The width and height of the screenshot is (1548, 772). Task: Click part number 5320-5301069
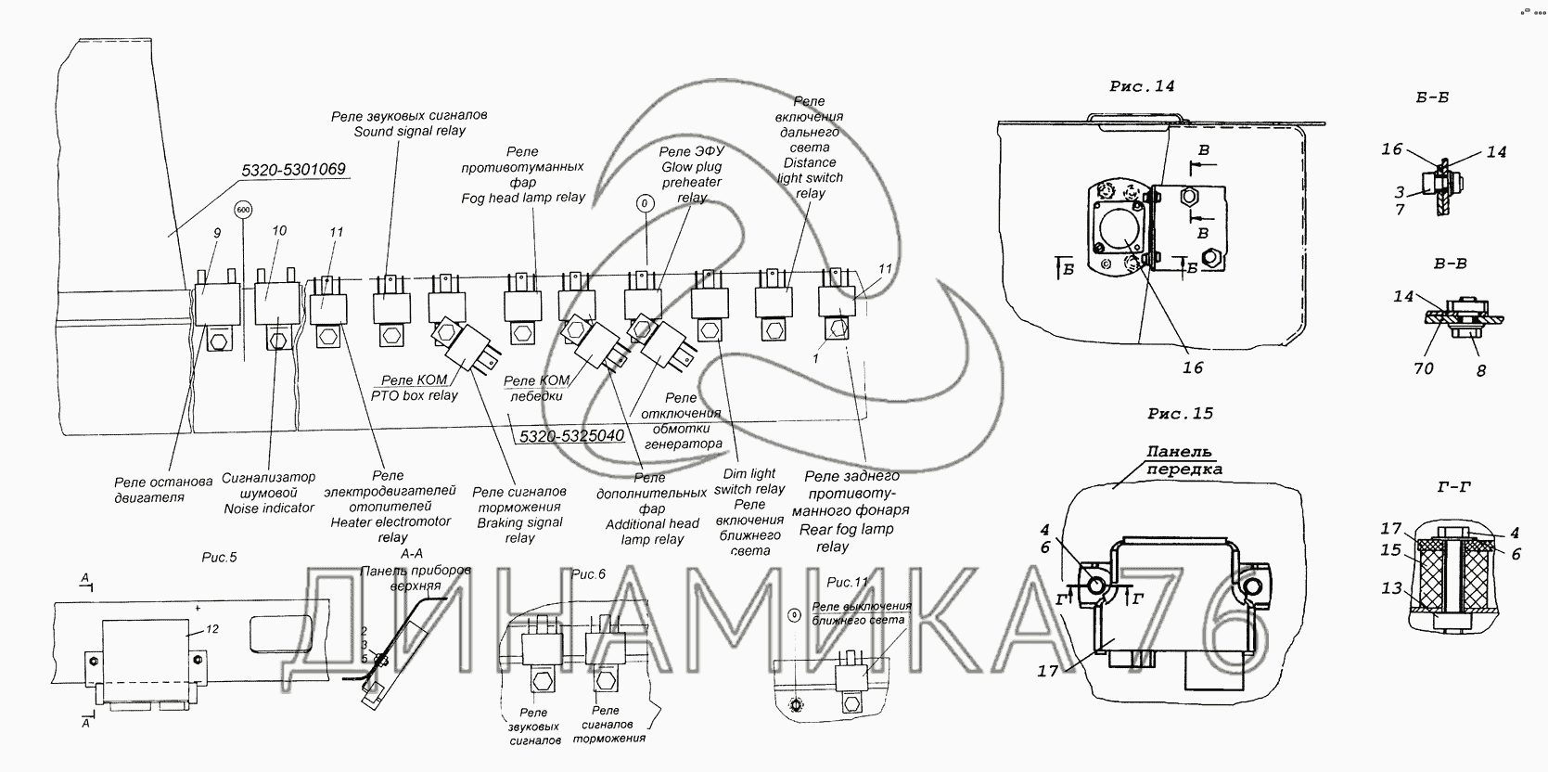point(292,170)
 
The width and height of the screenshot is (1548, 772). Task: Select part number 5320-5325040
point(570,435)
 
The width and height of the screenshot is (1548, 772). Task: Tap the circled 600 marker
point(244,211)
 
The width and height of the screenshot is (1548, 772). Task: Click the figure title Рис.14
point(1141,86)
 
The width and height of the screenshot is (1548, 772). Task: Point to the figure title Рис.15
point(1179,414)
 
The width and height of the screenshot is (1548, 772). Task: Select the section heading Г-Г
point(1452,486)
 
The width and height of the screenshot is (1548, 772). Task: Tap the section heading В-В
point(1449,264)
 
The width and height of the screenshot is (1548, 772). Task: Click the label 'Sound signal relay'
point(409,132)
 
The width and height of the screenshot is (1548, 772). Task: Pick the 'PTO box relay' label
point(416,395)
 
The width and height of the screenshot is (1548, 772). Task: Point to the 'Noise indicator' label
point(269,508)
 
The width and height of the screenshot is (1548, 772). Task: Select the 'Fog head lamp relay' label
point(522,198)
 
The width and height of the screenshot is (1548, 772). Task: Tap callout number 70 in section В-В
point(1423,368)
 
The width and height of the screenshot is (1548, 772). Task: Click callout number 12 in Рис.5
point(211,629)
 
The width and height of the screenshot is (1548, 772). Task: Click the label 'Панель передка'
point(1179,460)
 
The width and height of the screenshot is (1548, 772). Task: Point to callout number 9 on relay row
point(216,234)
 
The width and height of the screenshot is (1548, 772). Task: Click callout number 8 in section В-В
point(1480,369)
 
